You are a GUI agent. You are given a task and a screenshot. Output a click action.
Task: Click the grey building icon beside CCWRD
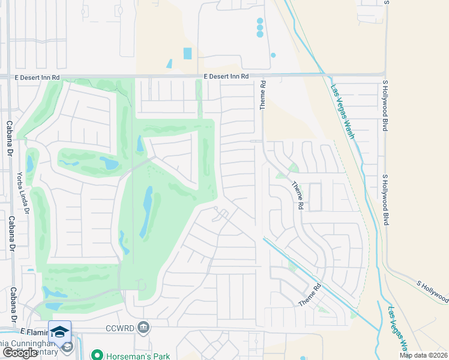tap(143, 328)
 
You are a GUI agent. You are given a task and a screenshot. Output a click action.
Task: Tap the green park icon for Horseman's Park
tap(95, 355)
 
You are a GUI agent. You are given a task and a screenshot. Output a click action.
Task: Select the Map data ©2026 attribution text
tap(423, 355)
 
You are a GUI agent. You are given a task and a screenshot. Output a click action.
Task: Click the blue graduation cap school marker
tap(59, 332)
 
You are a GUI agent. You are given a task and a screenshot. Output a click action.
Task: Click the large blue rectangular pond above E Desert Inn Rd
tap(187, 53)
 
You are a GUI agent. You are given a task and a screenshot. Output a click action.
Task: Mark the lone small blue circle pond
tap(273, 55)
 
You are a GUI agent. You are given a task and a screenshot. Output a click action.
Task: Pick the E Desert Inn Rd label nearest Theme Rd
tap(226, 77)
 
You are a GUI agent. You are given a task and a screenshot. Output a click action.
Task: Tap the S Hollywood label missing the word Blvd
tap(432, 289)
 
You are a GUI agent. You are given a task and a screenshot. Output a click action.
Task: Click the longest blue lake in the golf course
tap(146, 212)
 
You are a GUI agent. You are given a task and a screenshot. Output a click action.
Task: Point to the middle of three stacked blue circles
tap(260, 28)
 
